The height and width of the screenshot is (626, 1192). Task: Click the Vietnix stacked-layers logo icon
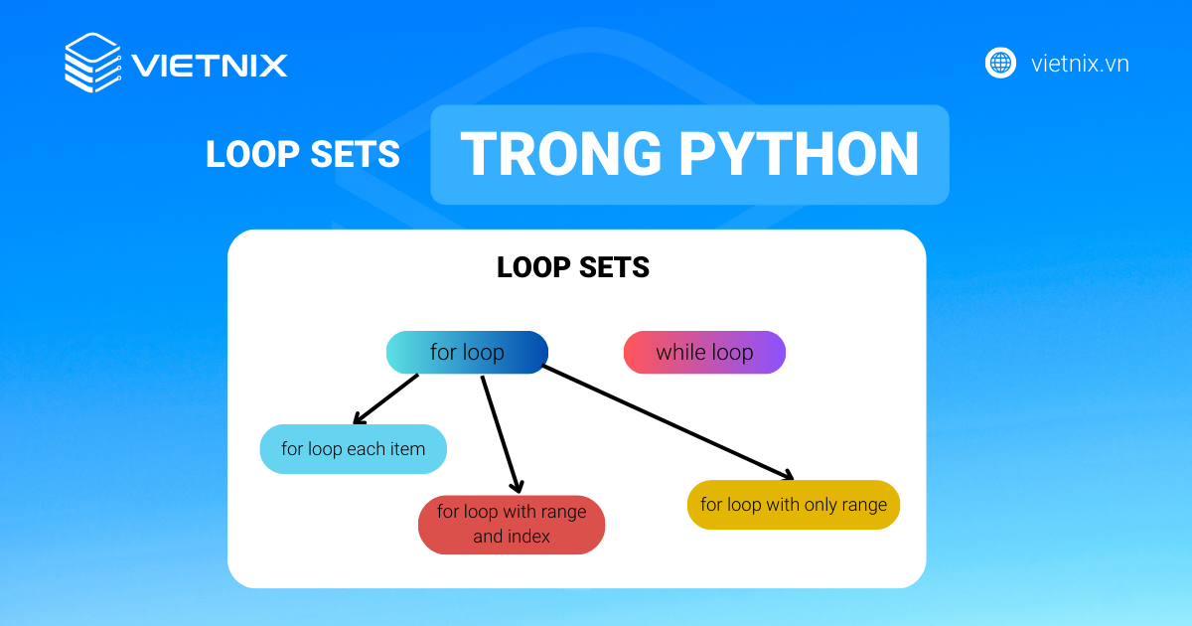point(92,64)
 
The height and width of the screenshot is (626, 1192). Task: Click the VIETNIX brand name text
point(210,66)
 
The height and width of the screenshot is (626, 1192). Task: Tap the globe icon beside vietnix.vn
point(1000,64)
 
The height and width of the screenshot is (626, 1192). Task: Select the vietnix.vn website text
point(1080,65)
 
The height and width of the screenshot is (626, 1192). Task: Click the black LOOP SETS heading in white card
point(573,267)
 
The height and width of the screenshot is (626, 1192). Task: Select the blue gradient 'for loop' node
point(467,353)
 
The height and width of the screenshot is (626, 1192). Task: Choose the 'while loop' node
point(704,353)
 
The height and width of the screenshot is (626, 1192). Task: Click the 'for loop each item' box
point(353,449)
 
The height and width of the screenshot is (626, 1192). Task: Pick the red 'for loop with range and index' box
point(512,525)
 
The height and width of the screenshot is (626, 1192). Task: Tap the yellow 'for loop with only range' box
point(793,505)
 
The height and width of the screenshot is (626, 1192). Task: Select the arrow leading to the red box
point(500,433)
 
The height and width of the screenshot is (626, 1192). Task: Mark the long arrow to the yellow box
point(668,421)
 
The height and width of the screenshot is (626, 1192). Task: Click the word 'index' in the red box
point(527,538)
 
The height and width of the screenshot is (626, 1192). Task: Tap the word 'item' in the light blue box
point(407,449)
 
